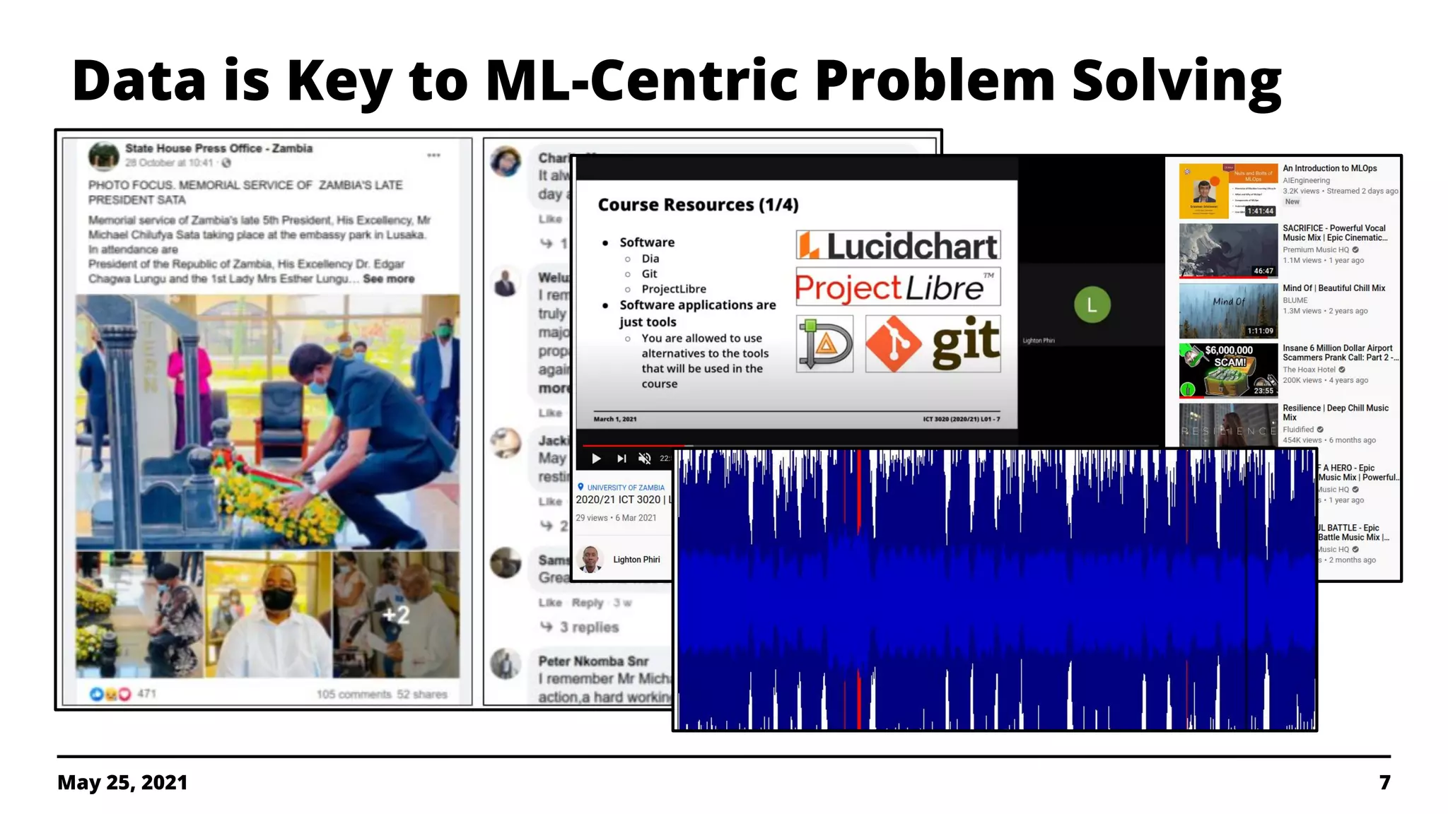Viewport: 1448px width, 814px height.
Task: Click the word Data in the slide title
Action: tap(139, 81)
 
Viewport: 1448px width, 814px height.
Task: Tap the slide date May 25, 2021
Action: tap(122, 782)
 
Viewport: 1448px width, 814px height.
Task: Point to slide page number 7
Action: tap(1384, 782)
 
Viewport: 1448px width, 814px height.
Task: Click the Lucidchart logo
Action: tap(898, 246)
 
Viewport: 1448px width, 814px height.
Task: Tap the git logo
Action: tap(933, 344)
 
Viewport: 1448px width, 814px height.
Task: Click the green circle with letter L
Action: tap(1092, 305)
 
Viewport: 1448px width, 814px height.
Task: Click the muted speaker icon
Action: tap(644, 459)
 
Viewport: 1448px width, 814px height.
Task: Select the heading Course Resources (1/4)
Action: tap(698, 205)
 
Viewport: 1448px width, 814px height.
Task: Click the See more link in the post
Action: tap(389, 279)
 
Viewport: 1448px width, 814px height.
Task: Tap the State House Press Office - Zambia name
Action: tap(218, 148)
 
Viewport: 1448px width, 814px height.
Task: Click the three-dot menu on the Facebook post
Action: tap(433, 155)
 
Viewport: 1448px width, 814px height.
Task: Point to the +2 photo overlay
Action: tap(396, 615)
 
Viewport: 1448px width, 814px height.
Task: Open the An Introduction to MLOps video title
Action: tap(1329, 168)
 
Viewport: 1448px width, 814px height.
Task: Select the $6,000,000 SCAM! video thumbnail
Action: tap(1228, 370)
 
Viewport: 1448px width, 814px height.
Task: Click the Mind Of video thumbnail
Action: tap(1228, 311)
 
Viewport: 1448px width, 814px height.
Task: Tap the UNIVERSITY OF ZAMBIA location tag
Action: tap(625, 488)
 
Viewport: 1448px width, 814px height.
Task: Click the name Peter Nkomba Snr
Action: tap(593, 661)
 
